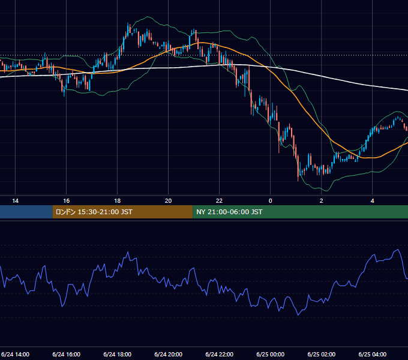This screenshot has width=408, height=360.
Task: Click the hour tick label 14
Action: click(16, 200)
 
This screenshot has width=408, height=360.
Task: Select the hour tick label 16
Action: click(67, 200)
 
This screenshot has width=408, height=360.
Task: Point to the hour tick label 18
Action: click(118, 200)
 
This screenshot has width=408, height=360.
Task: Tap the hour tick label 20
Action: click(169, 200)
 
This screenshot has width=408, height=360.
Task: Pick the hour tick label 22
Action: click(220, 200)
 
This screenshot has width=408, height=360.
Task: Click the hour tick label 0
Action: click(271, 200)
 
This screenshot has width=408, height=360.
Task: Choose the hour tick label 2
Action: click(322, 200)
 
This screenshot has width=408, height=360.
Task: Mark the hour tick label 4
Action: click(373, 200)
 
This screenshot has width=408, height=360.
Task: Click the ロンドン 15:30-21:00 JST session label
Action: click(94, 212)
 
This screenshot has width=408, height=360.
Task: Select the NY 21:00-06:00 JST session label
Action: click(229, 212)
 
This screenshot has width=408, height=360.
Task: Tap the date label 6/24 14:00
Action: click(16, 354)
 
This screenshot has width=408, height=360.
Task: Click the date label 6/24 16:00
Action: click(67, 354)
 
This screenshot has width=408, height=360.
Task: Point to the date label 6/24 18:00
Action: click(118, 354)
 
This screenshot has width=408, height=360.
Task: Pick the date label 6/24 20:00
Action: click(169, 354)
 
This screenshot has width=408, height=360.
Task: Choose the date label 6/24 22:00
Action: click(220, 354)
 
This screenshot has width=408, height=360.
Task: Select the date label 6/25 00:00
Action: click(271, 354)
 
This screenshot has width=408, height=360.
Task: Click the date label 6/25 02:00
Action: click(322, 354)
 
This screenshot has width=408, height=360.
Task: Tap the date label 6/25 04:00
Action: click(373, 354)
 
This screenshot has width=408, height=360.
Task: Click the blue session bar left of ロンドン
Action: click(26, 212)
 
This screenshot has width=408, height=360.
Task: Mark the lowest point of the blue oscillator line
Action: click(298, 315)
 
